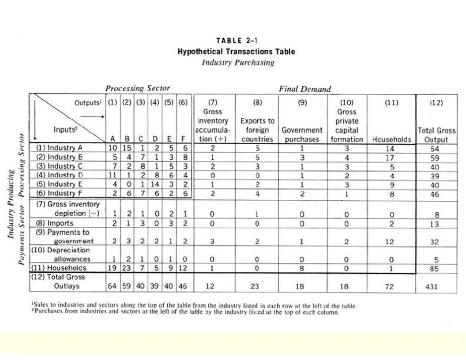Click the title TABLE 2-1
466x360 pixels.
coord(236,41)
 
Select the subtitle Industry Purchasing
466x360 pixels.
coord(238,62)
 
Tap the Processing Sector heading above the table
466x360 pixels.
coord(137,88)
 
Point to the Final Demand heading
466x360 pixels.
coord(304,89)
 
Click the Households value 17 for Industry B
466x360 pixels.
coord(390,157)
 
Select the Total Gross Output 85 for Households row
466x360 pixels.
coord(436,268)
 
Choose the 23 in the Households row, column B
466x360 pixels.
coord(127,268)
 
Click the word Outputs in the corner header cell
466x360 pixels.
coord(88,103)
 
